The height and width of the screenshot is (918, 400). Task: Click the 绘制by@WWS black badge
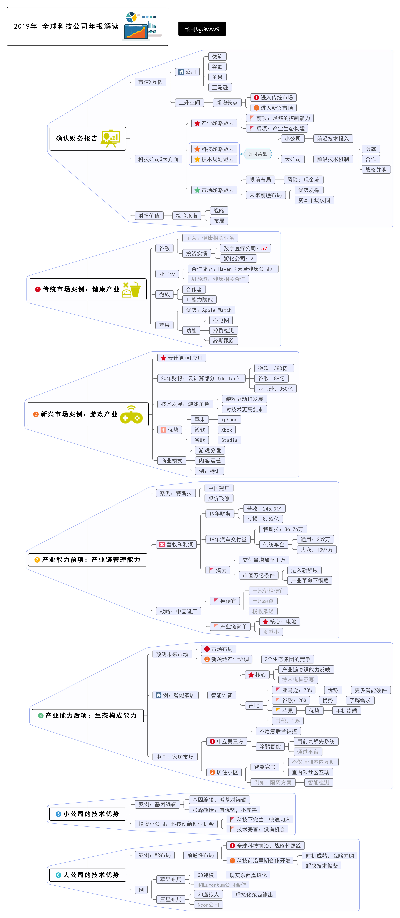(x=202, y=29)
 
